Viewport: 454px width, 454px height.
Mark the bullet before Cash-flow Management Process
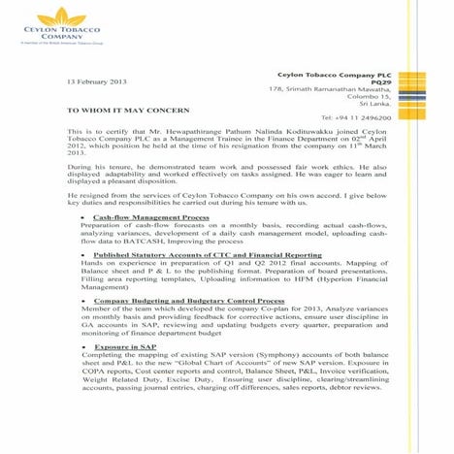coord(84,219)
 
